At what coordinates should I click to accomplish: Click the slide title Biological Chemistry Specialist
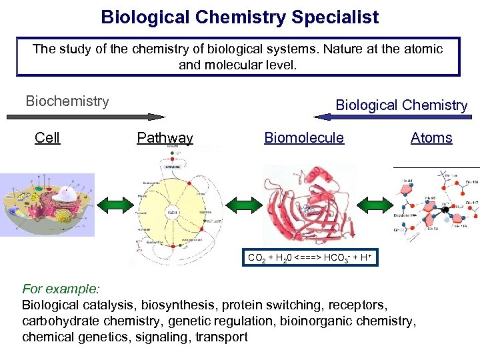pos(239,17)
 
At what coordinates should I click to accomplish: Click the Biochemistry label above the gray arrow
pos(67,101)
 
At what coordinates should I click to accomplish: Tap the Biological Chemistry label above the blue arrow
pos(401,105)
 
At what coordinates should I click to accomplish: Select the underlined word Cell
pos(47,138)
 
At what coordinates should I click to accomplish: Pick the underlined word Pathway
pos(165,138)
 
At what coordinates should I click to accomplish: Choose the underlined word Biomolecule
pos(304,138)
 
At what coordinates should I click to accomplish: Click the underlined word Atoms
pos(431,138)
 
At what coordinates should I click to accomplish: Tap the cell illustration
pos(47,204)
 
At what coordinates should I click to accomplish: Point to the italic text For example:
pos(61,289)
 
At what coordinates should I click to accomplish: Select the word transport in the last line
pos(221,337)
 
